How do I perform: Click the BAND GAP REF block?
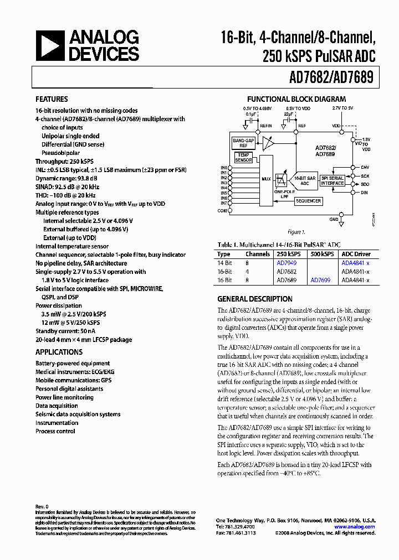click(x=243, y=143)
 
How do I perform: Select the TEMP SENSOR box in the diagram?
click(x=243, y=157)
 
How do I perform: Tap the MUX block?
click(x=266, y=179)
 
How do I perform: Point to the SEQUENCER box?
click(x=308, y=201)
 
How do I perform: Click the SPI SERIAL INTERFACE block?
click(x=332, y=180)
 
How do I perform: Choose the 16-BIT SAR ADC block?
click(x=304, y=180)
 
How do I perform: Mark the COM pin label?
click(x=223, y=210)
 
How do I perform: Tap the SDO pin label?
click(x=365, y=184)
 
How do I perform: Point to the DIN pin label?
click(x=364, y=193)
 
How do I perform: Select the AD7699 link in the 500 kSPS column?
click(x=320, y=281)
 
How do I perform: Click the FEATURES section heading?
click(x=52, y=99)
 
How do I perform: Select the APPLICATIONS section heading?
click(x=59, y=352)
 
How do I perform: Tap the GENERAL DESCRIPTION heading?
click(x=255, y=298)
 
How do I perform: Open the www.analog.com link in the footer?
click(x=355, y=527)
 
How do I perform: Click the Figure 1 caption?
click(x=295, y=232)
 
